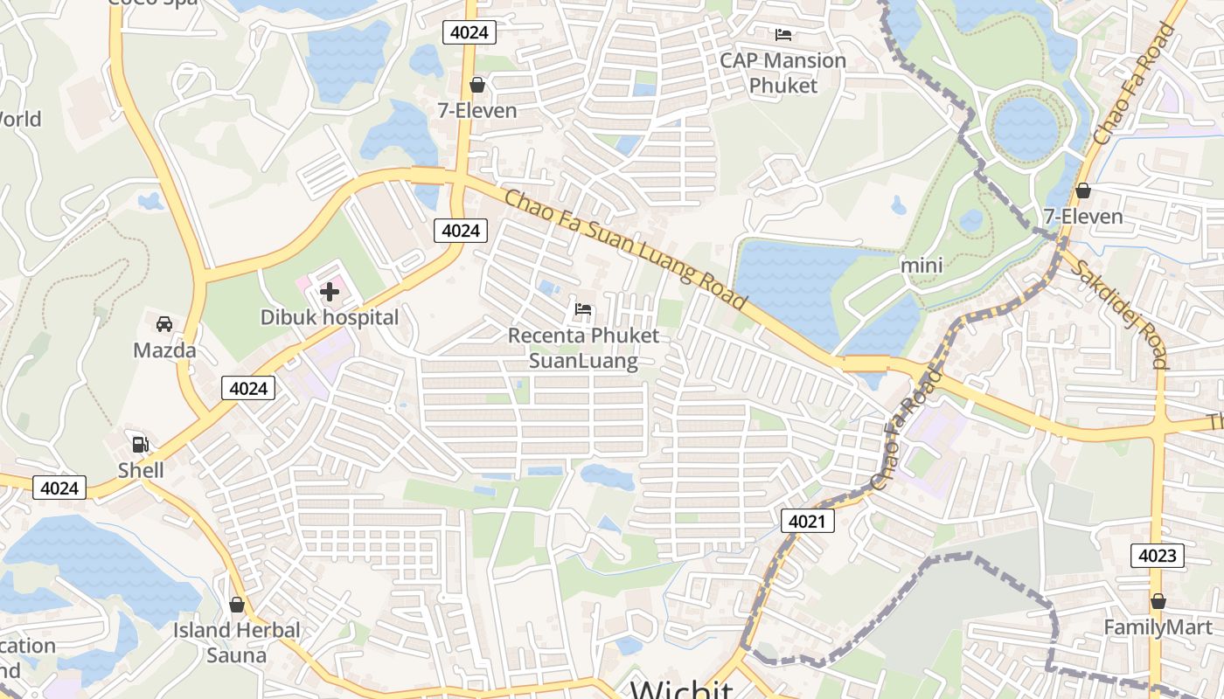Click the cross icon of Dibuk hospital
point(330,292)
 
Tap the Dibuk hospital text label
point(330,317)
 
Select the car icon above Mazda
point(163,324)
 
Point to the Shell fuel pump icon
point(140,444)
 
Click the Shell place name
point(141,470)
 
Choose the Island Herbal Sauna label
point(236,642)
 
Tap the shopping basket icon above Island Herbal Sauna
point(236,605)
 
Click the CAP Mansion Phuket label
point(782,73)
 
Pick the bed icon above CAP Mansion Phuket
point(783,35)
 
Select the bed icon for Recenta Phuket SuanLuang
point(583,309)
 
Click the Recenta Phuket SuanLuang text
point(583,348)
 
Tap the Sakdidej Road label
point(1119,315)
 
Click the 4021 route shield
point(807,522)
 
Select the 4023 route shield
point(1158,555)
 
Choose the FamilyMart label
point(1158,627)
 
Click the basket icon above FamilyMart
point(1158,601)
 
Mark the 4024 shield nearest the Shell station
point(59,488)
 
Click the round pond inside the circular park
point(1026,128)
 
